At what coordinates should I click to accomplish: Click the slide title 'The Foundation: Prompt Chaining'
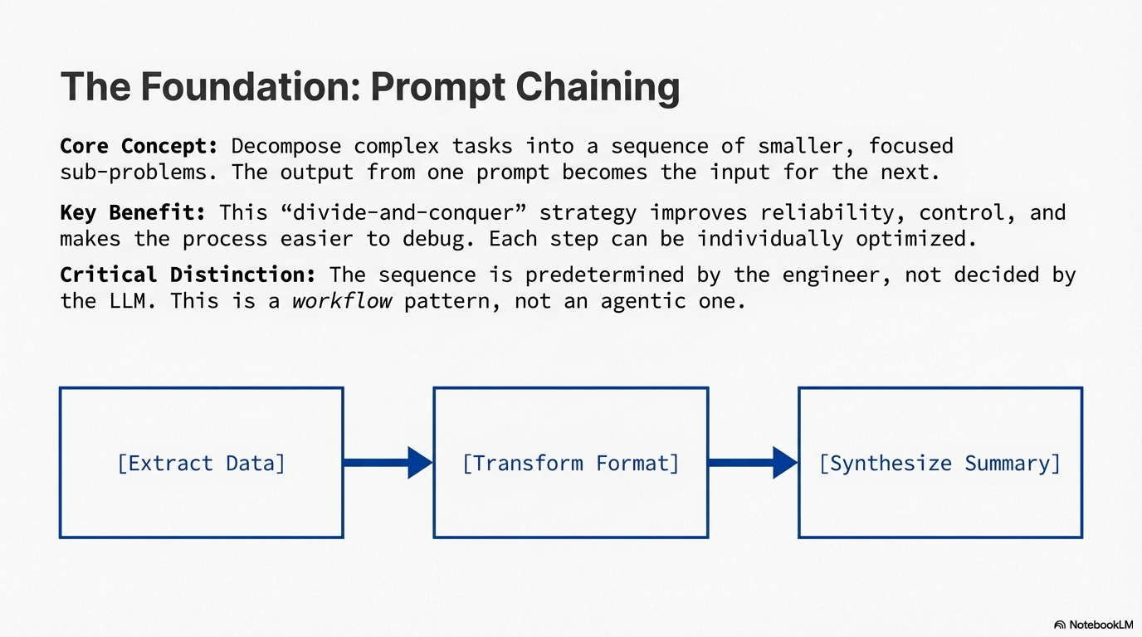coord(370,87)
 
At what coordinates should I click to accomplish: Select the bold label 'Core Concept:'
coord(139,147)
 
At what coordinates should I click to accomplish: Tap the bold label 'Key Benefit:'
coord(133,213)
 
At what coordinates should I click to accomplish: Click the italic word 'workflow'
coord(341,300)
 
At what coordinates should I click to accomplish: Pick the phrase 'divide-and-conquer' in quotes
coord(404,213)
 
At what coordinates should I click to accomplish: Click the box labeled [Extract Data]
coord(201,463)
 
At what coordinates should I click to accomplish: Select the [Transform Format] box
coord(570,463)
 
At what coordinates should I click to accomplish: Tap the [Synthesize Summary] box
coord(939,463)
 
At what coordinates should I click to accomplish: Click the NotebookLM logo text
coord(1097,625)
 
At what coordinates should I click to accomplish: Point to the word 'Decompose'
coord(285,147)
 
